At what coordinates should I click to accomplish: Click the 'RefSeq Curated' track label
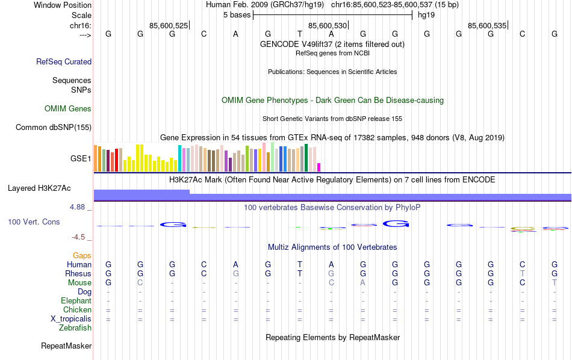(x=64, y=61)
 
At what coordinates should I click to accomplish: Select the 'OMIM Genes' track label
(x=68, y=109)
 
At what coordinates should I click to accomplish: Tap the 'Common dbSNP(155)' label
(x=54, y=127)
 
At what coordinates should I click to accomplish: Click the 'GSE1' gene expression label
(x=81, y=159)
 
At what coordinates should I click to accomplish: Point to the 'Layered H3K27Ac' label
(x=39, y=188)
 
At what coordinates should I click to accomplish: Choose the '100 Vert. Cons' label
(x=34, y=222)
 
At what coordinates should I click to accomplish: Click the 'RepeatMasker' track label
(x=66, y=346)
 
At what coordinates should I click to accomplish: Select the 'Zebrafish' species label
(x=75, y=328)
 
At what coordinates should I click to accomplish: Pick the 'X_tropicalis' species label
(x=71, y=319)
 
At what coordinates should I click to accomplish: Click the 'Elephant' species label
(x=76, y=301)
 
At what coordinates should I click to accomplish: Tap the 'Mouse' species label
(x=79, y=283)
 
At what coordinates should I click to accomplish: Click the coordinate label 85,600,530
(x=328, y=25)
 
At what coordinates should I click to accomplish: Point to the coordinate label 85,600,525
(x=169, y=25)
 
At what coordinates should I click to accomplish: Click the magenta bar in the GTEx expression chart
(x=319, y=167)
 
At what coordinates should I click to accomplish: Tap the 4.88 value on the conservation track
(x=78, y=207)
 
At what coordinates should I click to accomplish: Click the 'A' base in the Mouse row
(x=362, y=283)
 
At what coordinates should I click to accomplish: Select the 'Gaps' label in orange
(x=82, y=256)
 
